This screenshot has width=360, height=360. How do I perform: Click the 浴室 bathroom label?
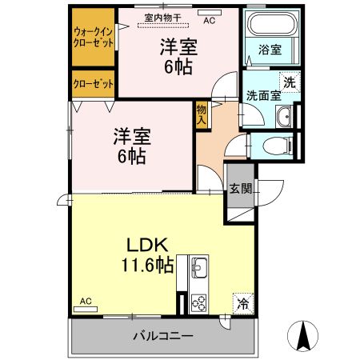(x=269, y=50)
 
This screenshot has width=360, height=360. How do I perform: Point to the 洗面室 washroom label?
(x=263, y=94)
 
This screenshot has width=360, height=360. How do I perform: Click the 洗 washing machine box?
(x=286, y=80)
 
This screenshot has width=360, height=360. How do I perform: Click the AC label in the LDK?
(x=86, y=302)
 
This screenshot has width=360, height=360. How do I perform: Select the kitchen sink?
(x=198, y=268)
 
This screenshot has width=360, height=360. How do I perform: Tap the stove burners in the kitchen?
(x=198, y=302)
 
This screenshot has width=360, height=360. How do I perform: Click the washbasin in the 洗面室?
(x=284, y=118)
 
